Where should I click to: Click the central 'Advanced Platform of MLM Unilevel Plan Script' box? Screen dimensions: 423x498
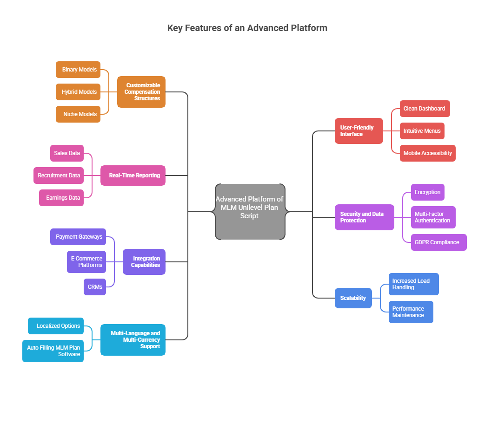click(x=250, y=212)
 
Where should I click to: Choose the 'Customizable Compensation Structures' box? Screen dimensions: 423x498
click(x=141, y=92)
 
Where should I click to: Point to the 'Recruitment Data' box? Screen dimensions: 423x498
click(x=59, y=176)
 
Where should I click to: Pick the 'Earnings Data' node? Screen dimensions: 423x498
click(x=61, y=198)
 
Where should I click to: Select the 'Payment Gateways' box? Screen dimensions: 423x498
click(x=78, y=237)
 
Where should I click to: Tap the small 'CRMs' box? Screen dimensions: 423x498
click(x=95, y=287)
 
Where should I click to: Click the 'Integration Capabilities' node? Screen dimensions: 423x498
click(x=144, y=262)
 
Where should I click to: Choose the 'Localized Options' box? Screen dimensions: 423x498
click(x=56, y=326)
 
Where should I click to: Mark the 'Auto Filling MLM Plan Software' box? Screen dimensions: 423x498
click(x=53, y=351)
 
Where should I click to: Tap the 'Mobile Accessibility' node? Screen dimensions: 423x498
click(x=427, y=153)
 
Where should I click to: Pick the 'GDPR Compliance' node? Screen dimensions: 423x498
click(x=438, y=242)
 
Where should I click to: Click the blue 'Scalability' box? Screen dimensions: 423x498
click(x=353, y=298)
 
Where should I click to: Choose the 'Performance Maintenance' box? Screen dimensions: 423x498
click(x=411, y=312)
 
